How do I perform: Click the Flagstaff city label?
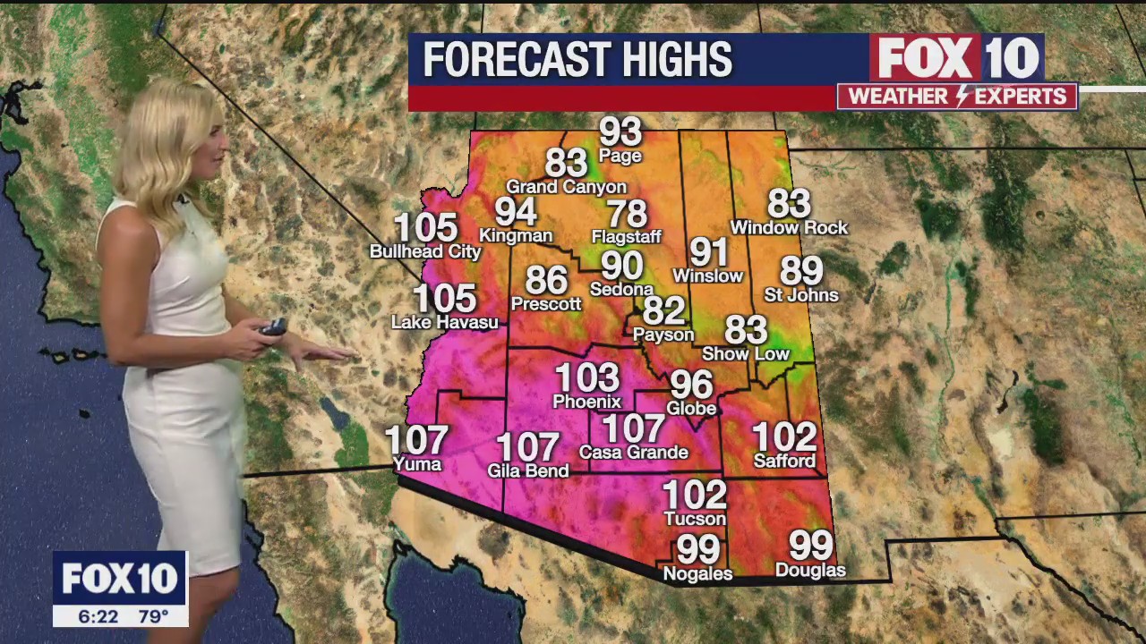tap(626, 237)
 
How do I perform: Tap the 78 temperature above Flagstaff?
tap(626, 214)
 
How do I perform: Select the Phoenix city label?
tap(586, 402)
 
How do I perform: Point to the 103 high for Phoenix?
tap(586, 377)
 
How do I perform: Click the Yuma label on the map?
tap(417, 464)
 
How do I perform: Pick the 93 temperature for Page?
tap(620, 131)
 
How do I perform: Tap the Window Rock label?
tap(789, 228)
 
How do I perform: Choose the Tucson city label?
tap(695, 519)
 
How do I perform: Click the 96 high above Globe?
tap(691, 385)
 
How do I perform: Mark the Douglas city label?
tap(810, 570)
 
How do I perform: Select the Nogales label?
tap(697, 573)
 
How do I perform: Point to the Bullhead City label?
tap(425, 252)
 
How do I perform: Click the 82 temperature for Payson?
tap(663, 310)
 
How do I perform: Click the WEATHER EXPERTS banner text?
tap(957, 97)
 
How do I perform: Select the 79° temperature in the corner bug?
tap(153, 616)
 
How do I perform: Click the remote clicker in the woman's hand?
tap(272, 327)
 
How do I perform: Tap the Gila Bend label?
tap(527, 470)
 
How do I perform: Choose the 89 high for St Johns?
tap(800, 270)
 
